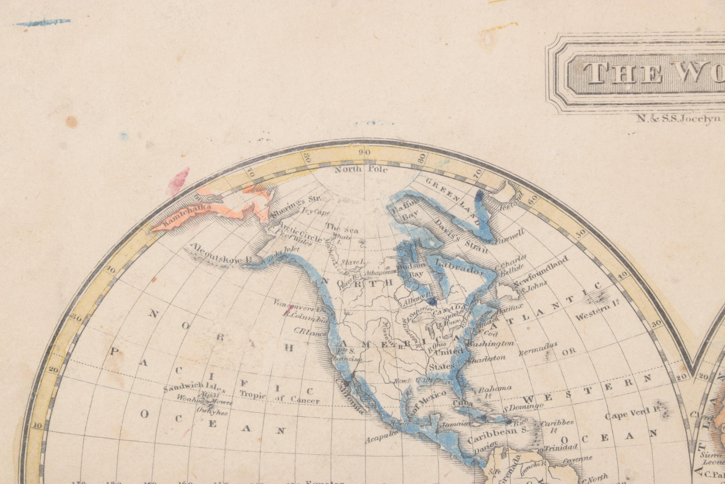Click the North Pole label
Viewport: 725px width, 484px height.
pos(361,170)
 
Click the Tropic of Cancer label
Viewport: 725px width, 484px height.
pos(279,397)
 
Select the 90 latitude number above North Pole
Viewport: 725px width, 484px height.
pos(366,152)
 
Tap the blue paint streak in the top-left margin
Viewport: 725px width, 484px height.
pos(43,22)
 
